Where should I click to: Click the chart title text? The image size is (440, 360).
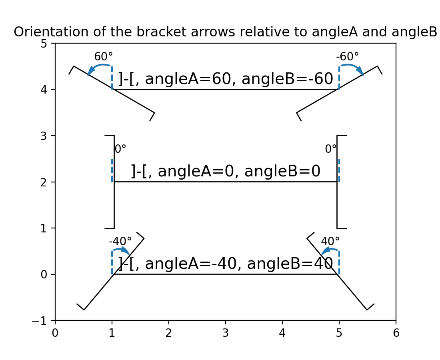[225, 32]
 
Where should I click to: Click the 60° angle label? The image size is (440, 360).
[103, 57]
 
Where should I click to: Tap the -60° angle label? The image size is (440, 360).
[347, 57]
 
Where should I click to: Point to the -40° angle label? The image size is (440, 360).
[120, 242]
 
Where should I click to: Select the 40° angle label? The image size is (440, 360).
[330, 242]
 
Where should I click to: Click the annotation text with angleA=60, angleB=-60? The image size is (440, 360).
[226, 79]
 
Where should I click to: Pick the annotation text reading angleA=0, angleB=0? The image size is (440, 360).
[226, 172]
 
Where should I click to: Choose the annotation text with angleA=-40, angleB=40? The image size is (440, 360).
[226, 264]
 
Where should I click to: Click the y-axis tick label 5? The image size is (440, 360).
[44, 43]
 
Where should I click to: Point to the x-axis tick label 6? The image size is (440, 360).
[396, 333]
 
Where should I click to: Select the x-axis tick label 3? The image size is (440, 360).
[225, 333]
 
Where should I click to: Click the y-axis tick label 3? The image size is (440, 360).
[44, 136]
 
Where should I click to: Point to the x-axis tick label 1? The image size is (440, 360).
[112, 333]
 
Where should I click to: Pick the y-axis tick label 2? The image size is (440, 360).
[44, 182]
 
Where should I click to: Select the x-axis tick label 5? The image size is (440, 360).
[339, 333]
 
